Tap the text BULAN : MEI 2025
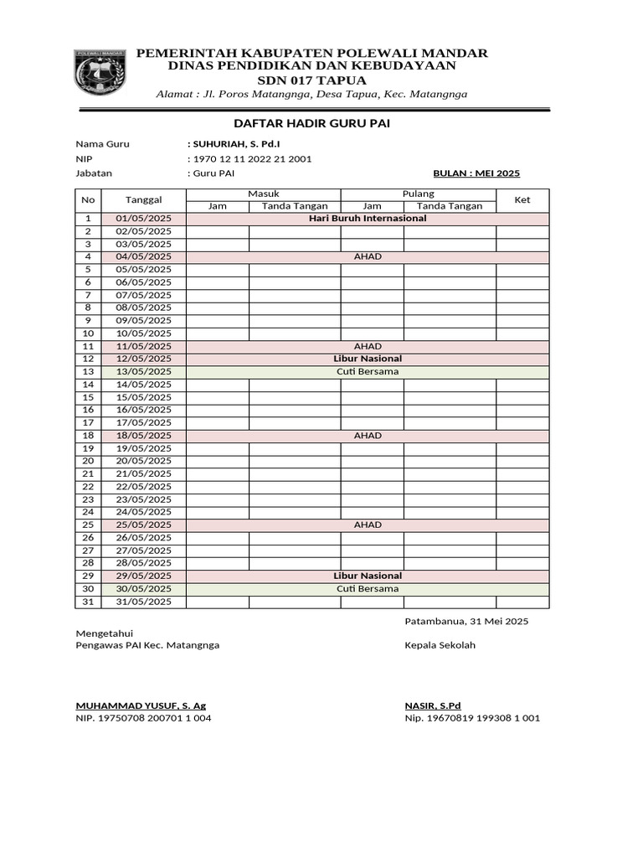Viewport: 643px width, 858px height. (x=476, y=173)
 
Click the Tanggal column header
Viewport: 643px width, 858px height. (x=143, y=199)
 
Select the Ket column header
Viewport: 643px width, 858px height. (x=522, y=199)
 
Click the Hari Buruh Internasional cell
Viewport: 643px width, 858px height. (x=368, y=218)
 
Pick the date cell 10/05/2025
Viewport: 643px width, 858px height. (x=143, y=333)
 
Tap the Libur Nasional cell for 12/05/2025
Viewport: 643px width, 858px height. (x=368, y=359)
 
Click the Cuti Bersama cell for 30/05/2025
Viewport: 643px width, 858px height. (x=368, y=588)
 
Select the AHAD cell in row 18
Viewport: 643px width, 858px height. (x=368, y=436)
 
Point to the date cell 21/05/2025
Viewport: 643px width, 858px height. (x=143, y=473)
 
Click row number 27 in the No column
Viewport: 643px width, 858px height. (x=88, y=550)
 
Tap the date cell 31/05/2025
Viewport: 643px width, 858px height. (x=143, y=602)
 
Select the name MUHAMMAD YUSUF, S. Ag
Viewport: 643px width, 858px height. (x=141, y=706)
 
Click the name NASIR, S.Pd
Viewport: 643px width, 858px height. (x=433, y=706)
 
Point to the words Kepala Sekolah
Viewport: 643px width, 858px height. (x=440, y=645)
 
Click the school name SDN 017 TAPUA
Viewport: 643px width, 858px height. (x=311, y=80)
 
